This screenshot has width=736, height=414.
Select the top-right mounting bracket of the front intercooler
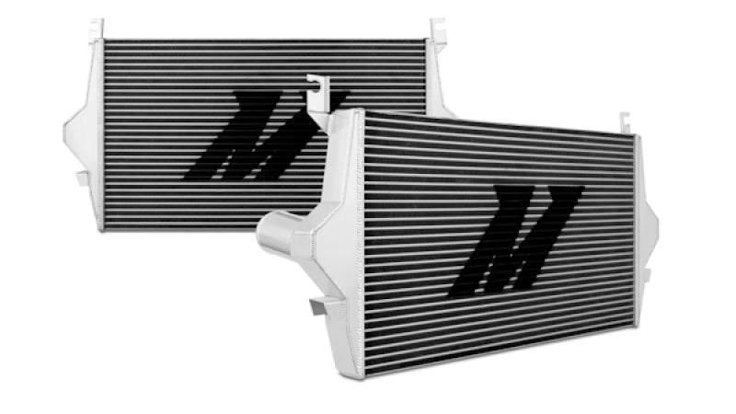tap(625, 123)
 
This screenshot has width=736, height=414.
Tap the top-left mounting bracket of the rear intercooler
tap(97, 29)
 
